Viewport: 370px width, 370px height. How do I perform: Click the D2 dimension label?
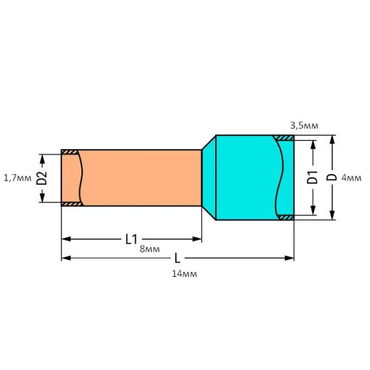(42, 178)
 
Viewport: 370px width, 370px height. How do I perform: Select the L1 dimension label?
(131, 239)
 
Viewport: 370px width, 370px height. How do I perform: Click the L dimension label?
(178, 258)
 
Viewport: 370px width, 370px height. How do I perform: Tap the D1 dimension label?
(313, 178)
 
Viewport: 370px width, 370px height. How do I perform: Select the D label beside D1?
(332, 178)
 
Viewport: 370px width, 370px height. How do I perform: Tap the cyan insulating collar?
(244, 178)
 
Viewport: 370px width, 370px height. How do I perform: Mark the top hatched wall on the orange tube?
(70, 152)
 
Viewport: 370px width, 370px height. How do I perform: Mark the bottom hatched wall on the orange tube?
(70, 203)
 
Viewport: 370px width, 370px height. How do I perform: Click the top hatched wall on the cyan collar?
(284, 138)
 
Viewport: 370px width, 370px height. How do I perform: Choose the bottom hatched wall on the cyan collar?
(286, 217)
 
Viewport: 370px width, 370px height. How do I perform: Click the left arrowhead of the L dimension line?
(65, 258)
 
